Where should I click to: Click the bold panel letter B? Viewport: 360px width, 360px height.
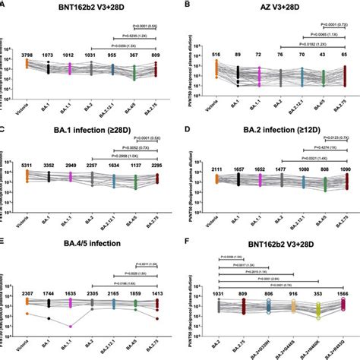tap(187, 7)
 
